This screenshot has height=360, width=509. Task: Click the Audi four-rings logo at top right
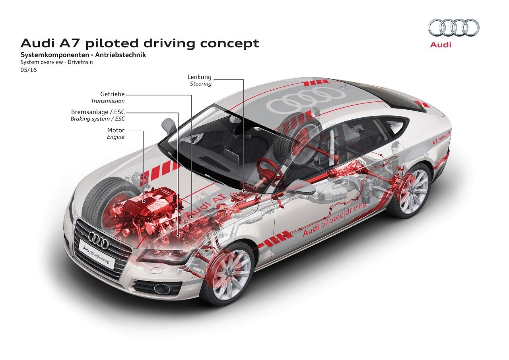point(454,28)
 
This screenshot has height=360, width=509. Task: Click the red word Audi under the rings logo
point(441,45)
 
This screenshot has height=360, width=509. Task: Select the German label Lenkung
point(200,77)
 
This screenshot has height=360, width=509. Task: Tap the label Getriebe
point(113,95)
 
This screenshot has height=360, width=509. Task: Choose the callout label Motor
point(116,130)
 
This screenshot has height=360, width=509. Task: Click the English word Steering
point(200,84)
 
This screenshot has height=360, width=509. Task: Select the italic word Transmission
point(108,101)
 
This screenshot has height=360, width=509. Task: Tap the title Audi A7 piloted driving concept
point(140,43)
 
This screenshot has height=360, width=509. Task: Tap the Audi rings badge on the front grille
point(98,240)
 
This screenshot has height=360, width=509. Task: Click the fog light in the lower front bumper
point(162,289)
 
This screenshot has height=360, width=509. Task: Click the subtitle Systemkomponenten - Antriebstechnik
point(83,55)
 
